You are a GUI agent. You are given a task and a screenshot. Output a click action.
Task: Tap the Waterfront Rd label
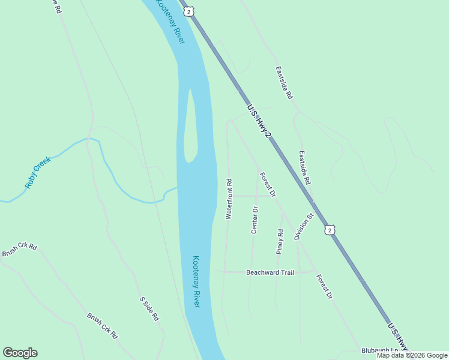pyautogui.click(x=228, y=199)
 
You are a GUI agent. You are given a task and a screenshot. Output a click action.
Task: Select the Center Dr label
pyautogui.click(x=254, y=220)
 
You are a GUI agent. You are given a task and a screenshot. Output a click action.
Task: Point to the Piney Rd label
pyautogui.click(x=280, y=242)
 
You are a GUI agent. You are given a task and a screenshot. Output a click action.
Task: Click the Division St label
pyautogui.click(x=304, y=226)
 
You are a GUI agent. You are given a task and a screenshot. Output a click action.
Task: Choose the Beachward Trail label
pyautogui.click(x=270, y=272)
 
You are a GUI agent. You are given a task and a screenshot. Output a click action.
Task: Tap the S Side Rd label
pyautogui.click(x=149, y=308)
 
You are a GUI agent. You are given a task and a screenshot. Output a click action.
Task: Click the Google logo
pyautogui.click(x=20, y=353)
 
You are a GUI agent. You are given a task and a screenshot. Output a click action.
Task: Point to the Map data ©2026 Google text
pyautogui.click(x=412, y=355)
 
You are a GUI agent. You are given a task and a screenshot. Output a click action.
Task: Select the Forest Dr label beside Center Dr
pyautogui.click(x=268, y=185)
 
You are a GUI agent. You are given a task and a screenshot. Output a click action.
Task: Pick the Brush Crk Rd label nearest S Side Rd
pyautogui.click(x=101, y=326)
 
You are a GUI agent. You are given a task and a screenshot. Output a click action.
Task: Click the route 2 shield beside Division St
pyautogui.click(x=330, y=230)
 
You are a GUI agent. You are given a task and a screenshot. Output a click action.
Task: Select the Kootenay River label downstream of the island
pyautogui.click(x=196, y=281)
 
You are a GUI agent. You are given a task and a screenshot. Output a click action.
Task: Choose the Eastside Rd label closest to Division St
pyautogui.click(x=306, y=167)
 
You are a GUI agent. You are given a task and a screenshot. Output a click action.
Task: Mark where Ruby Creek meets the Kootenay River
pyautogui.click(x=177, y=188)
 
